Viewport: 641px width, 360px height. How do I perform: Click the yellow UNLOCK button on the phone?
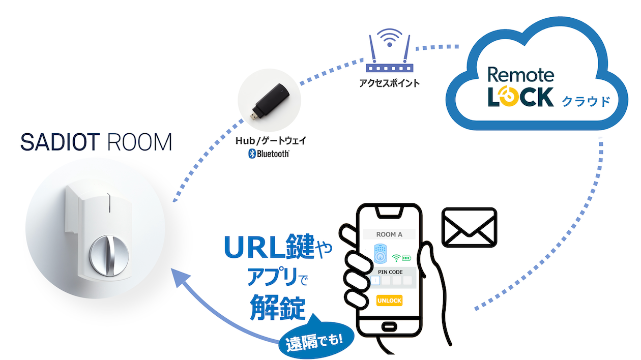(389, 301)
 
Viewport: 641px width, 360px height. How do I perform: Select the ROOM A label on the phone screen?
(389, 234)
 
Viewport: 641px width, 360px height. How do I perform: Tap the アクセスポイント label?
(388, 83)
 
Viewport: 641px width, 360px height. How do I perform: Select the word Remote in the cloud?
(520, 74)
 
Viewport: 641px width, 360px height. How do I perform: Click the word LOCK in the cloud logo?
(520, 97)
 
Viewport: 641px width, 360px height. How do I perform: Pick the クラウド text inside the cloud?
(585, 101)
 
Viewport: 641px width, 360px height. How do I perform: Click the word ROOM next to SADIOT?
(140, 143)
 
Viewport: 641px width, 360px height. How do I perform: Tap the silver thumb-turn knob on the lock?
(107, 253)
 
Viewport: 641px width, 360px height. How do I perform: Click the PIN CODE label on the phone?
(390, 272)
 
